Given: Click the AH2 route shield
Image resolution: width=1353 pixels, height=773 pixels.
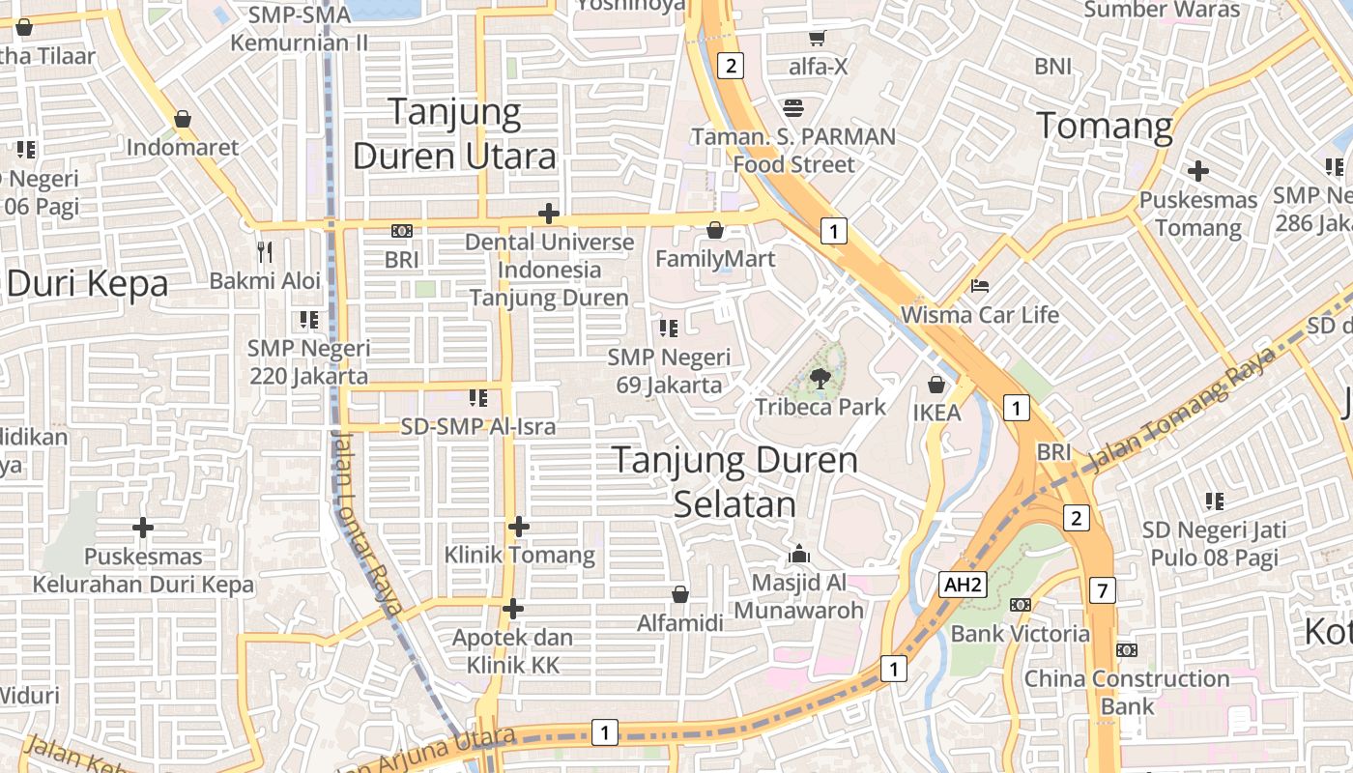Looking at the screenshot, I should point(963,584).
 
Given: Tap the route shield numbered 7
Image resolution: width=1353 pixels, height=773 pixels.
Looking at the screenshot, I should point(1102,589).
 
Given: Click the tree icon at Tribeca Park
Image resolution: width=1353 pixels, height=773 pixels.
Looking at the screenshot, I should point(820,379).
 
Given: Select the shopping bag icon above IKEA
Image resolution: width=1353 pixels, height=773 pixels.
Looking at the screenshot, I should point(936,385).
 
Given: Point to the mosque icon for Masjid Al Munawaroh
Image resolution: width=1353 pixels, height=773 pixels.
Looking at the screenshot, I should point(798,555).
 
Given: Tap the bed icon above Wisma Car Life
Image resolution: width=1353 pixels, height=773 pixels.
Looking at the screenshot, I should point(979,286).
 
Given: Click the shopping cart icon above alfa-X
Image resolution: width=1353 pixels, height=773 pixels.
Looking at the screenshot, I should point(818,39).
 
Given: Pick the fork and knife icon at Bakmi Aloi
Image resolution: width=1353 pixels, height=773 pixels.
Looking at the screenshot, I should point(265,252).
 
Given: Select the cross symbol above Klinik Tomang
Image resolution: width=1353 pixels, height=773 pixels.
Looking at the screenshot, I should point(519,527).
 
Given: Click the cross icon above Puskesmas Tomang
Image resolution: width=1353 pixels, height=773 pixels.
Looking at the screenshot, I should point(1198,172).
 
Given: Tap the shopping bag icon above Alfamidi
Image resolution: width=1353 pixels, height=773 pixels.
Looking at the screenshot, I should point(680,594).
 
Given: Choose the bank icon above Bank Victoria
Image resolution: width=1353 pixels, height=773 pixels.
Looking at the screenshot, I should point(1020,605).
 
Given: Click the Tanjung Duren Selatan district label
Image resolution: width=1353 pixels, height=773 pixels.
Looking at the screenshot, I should point(735,481).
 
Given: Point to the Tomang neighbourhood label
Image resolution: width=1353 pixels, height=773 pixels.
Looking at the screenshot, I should point(1105,126).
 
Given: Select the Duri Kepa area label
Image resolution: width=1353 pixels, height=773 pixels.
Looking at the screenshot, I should point(87,283).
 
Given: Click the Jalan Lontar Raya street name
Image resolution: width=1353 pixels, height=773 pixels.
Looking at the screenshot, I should point(365,522).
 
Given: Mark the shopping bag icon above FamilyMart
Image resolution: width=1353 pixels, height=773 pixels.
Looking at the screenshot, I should point(715,230).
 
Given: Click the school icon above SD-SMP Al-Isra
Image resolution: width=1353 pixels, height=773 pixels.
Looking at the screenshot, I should point(477,397).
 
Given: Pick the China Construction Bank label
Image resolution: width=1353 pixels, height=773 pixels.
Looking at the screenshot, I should point(1127,692).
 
